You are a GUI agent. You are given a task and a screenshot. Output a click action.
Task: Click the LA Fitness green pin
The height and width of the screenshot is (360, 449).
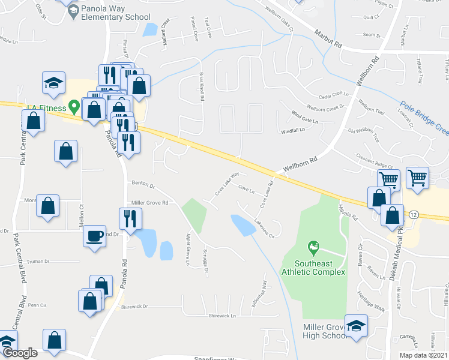coord(74,107)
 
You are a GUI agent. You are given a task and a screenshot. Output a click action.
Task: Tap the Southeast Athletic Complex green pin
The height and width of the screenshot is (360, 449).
coord(312,247)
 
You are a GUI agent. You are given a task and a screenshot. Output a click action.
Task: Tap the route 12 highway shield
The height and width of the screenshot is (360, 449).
coord(414,214)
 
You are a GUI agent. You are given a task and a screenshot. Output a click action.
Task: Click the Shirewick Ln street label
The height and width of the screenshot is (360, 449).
coord(222,315)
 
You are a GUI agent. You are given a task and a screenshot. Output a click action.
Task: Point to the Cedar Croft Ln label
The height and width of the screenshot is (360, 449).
coord(334,95)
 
